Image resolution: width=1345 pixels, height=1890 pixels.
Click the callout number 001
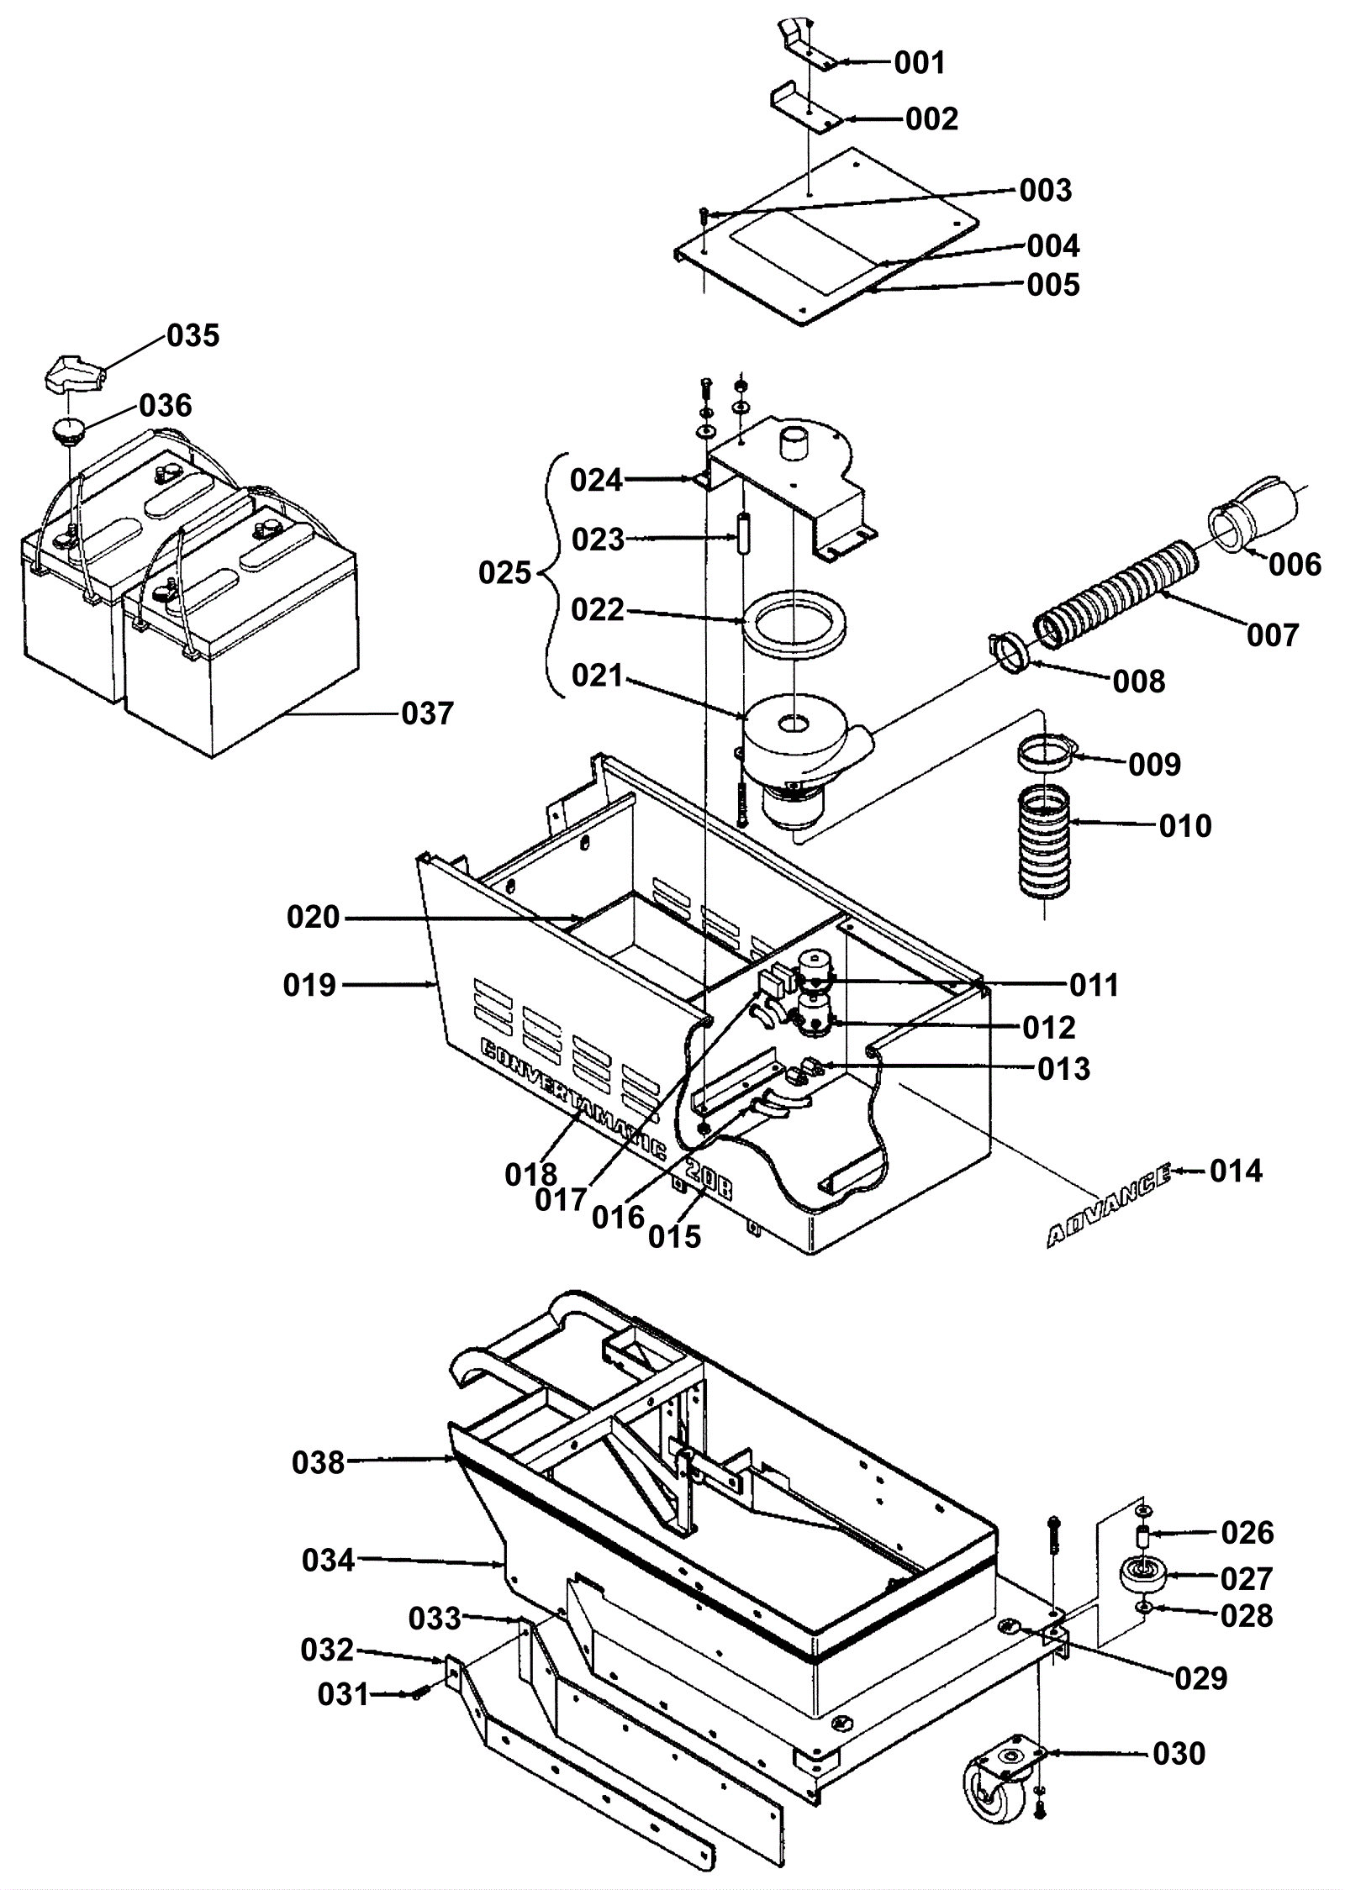click(920, 62)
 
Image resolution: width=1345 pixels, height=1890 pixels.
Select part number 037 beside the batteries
click(428, 713)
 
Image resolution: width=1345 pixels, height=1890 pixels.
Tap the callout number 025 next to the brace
click(505, 573)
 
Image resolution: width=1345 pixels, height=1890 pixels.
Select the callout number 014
click(1236, 1171)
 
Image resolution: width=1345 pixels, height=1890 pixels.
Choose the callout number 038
click(319, 1463)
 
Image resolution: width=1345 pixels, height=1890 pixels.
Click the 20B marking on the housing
click(709, 1182)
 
